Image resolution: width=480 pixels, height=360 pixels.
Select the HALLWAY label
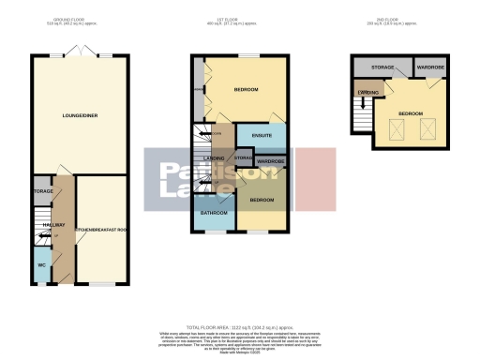pos(53,226)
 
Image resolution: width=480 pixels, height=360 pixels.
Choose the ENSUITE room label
pos(262,136)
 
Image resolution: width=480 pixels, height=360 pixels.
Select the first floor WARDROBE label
pos(270,162)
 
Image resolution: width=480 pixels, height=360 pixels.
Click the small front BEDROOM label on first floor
pos(262,201)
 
